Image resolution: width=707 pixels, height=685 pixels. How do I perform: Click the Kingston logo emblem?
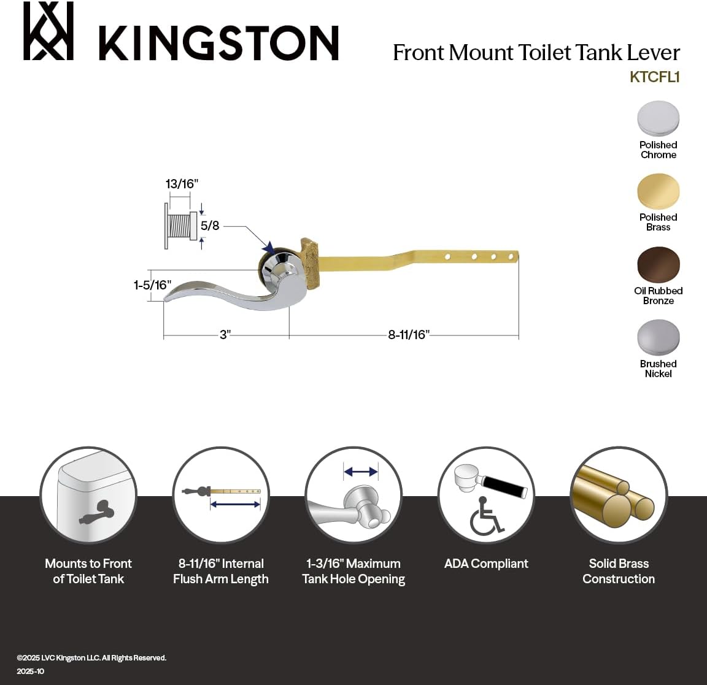[48, 31]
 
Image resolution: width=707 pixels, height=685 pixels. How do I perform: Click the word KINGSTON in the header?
[218, 42]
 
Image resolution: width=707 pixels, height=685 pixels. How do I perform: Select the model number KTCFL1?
[654, 77]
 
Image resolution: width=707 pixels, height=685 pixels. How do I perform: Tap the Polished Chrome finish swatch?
[658, 118]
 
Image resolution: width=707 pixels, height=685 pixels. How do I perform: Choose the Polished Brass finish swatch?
[658, 191]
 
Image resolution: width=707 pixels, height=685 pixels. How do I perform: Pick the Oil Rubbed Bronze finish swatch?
[658, 264]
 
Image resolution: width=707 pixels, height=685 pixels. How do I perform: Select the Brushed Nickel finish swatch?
[658, 337]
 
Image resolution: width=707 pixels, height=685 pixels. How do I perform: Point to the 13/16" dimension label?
[182, 184]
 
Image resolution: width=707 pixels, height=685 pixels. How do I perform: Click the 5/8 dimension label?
[210, 226]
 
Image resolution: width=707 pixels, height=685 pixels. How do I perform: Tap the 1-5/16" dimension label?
[153, 285]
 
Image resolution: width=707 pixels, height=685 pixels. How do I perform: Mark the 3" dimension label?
[225, 335]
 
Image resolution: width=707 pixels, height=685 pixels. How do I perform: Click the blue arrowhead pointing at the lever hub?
[268, 248]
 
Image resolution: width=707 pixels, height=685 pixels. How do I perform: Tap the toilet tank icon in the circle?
[89, 495]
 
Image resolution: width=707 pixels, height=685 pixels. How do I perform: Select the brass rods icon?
[618, 495]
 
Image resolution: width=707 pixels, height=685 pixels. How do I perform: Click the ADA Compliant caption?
[486, 564]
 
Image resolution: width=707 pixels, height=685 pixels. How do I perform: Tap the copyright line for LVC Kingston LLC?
[91, 657]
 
